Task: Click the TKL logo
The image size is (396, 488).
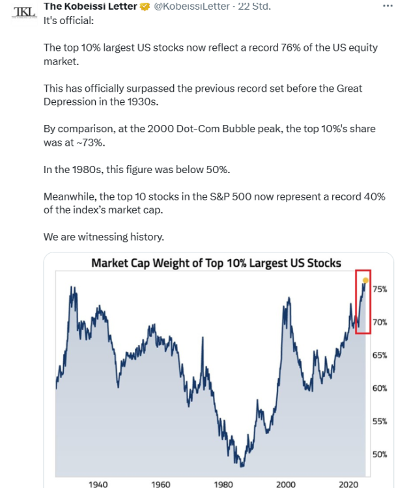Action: pos(21,12)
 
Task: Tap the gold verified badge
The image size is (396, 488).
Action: pos(145,7)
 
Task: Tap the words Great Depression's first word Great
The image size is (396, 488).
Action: pos(348,88)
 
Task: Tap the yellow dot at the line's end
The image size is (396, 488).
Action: pos(365,280)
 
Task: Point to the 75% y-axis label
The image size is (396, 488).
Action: pos(380,290)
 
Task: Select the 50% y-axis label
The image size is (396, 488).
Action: pos(380,454)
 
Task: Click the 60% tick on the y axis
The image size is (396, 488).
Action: pos(380,388)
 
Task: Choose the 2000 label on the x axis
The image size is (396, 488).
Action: pos(286,483)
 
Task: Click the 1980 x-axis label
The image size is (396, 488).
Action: pos(223,483)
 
